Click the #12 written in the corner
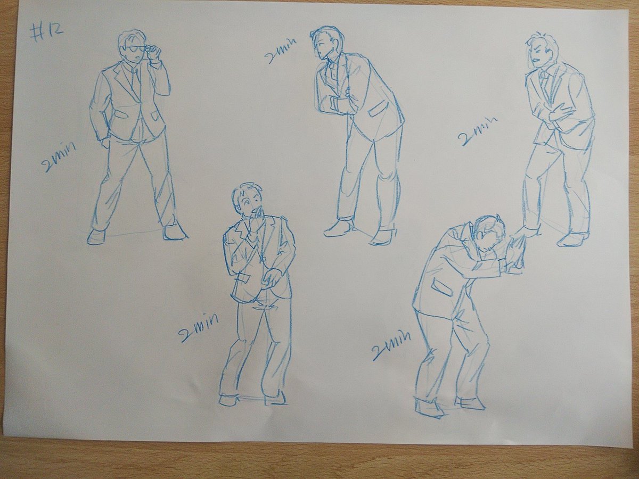click(x=46, y=33)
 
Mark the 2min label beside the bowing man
click(x=391, y=344)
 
